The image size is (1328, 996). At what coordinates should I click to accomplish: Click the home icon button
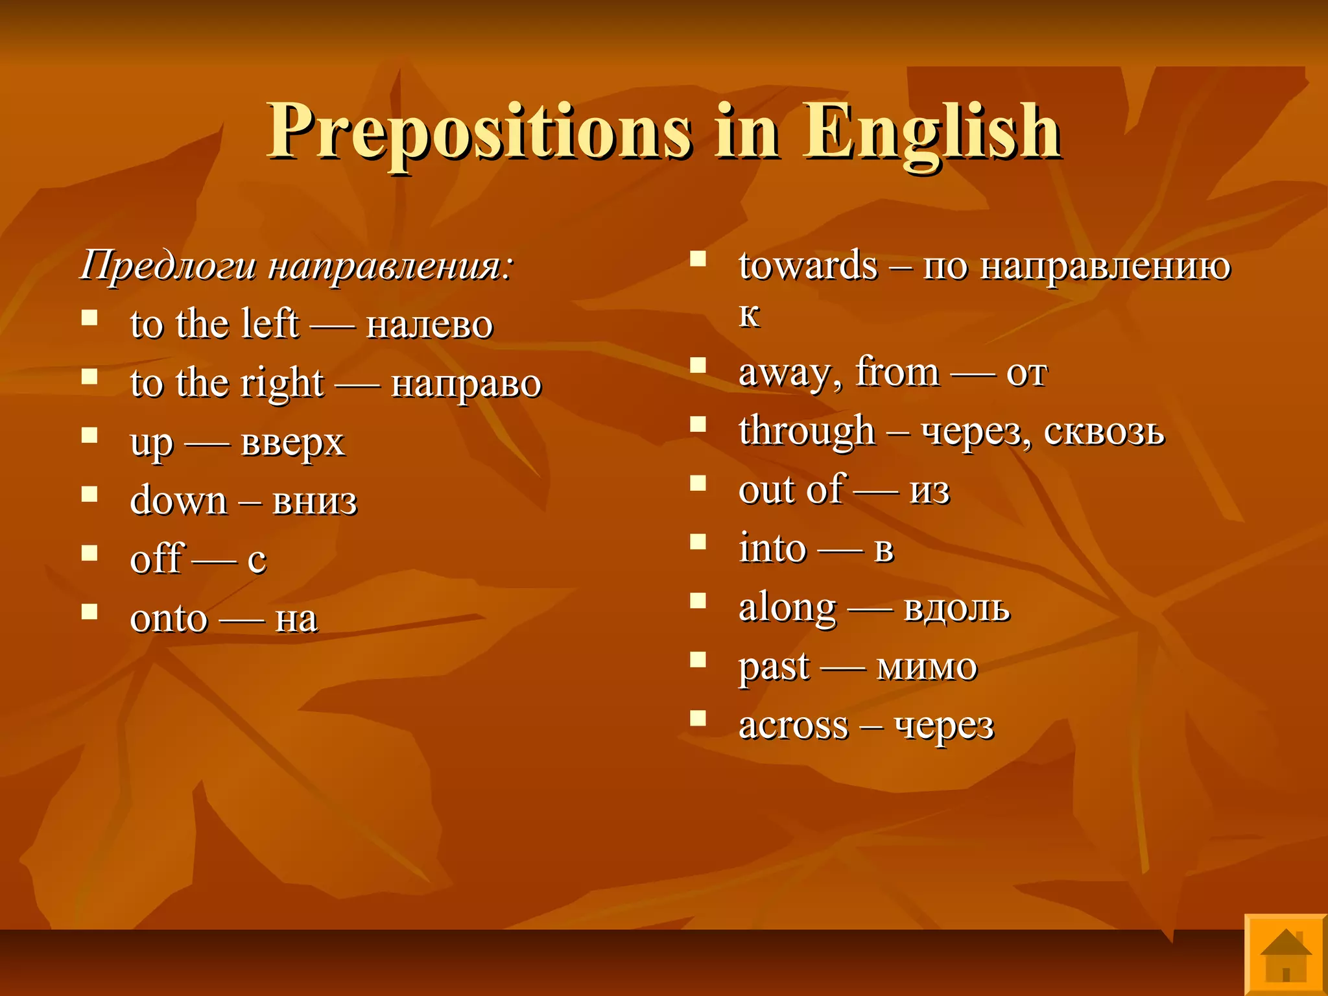click(1285, 955)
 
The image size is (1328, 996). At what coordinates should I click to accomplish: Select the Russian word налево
click(429, 324)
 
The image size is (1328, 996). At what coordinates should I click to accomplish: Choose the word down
click(178, 501)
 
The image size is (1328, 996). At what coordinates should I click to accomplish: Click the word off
click(156, 558)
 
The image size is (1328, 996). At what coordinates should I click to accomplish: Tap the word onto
click(169, 619)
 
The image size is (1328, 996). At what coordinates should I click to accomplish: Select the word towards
click(808, 266)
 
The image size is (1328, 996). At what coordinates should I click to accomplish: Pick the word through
click(807, 432)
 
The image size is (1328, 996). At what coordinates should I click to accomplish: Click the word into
click(772, 549)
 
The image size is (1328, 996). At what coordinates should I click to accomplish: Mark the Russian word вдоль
click(956, 608)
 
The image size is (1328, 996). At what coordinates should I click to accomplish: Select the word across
click(793, 726)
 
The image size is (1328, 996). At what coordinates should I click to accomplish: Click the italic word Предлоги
click(168, 266)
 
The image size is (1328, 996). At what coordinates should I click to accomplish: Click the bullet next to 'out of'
click(698, 483)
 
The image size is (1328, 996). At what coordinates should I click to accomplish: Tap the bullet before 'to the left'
click(89, 318)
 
